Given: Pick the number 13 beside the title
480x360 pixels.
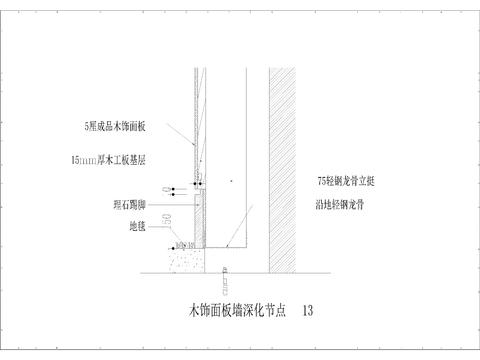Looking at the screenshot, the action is click(307, 311).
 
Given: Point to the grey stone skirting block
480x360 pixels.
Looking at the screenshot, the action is click(201, 220).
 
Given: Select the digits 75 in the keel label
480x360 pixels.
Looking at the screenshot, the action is click(317, 182).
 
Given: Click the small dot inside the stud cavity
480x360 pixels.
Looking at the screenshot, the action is click(230, 181).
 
